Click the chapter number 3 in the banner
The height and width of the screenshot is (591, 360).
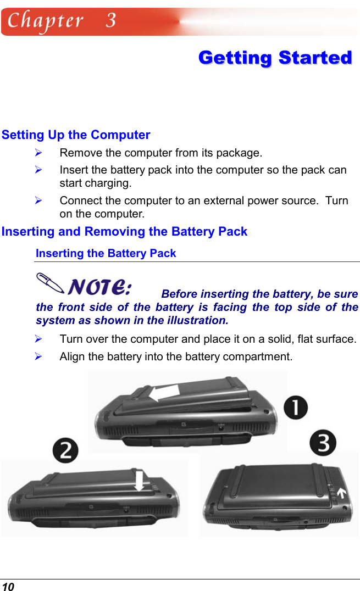(x=111, y=21)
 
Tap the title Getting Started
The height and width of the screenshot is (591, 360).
(x=275, y=58)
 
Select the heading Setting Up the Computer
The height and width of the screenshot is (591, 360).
(x=76, y=135)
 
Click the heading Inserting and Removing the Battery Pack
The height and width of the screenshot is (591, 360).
(x=124, y=232)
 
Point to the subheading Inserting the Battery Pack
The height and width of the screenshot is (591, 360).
(x=106, y=254)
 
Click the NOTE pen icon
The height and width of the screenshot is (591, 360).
(x=51, y=282)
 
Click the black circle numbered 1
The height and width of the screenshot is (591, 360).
(x=296, y=409)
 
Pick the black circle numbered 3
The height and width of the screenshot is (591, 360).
(x=322, y=443)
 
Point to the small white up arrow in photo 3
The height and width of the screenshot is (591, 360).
(x=344, y=493)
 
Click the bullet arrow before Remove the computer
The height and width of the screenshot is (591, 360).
(x=39, y=152)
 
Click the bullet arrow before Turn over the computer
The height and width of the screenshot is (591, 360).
(x=39, y=339)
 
